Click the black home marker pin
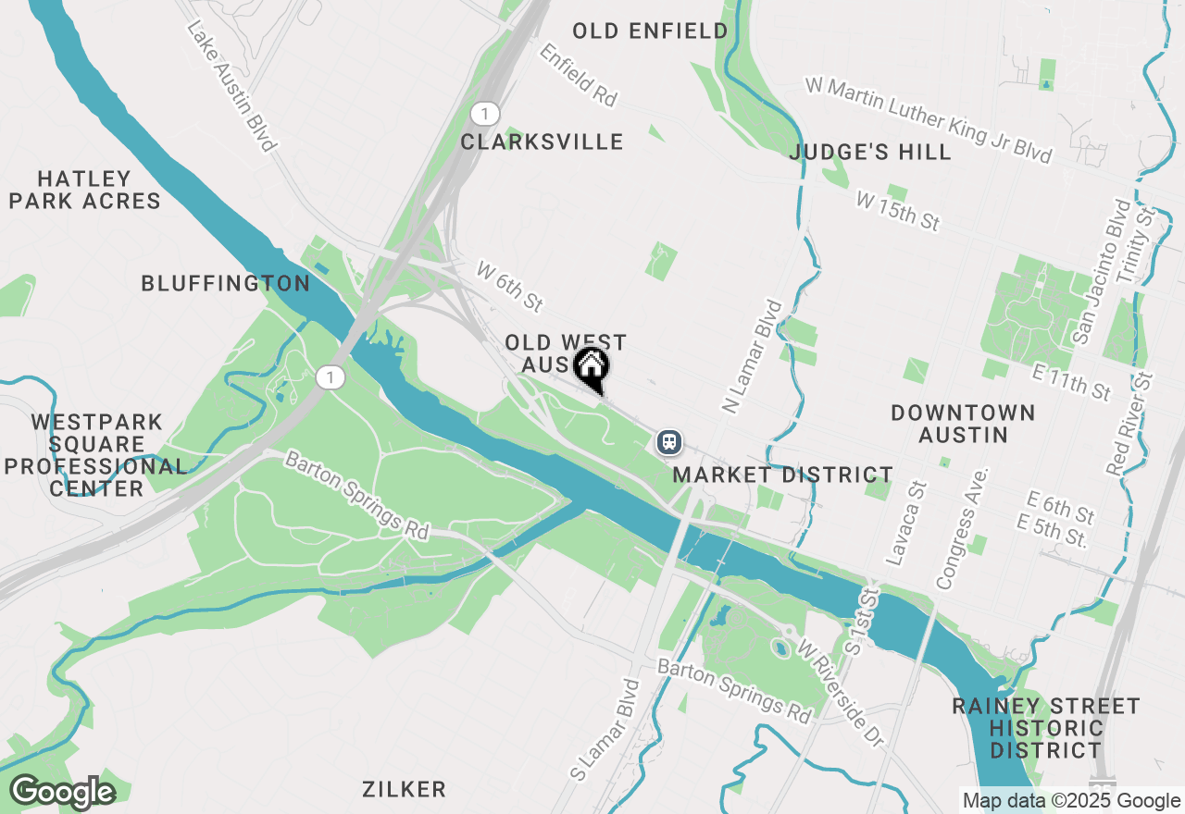tap(591, 367)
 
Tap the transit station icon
tap(668, 442)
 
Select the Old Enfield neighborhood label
tap(650, 31)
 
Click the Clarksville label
tap(542, 142)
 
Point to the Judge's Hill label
tap(870, 152)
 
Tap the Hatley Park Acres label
tap(85, 190)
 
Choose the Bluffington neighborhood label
tap(225, 284)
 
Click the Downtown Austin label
tap(963, 423)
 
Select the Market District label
tap(783, 475)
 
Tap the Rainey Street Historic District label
tap(1046, 728)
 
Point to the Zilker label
tap(405, 789)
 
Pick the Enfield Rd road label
tap(580, 75)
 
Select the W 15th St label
tap(898, 212)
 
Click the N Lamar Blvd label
tap(751, 357)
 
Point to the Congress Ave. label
tap(963, 528)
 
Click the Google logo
tap(62, 793)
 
